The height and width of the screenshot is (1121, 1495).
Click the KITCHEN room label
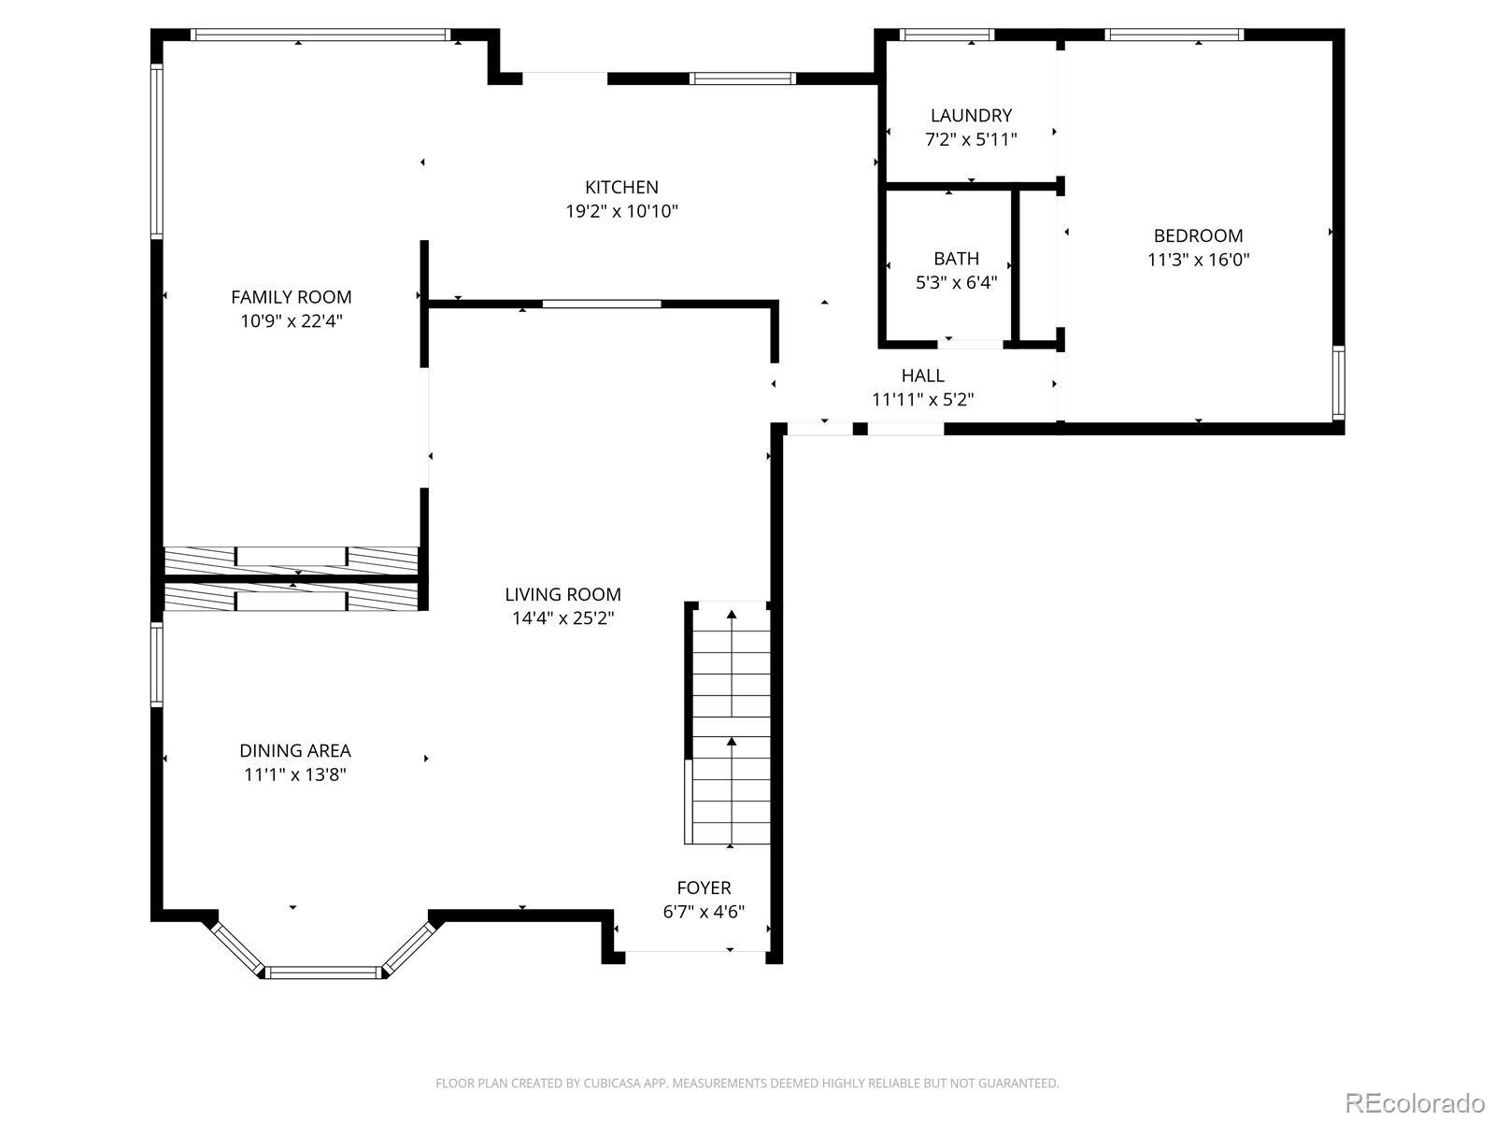621,187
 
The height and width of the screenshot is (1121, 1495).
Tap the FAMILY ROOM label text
291,297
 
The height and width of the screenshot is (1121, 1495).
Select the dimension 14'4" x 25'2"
562,618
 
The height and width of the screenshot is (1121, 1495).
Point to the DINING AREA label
295,751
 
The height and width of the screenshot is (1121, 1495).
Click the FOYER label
704,887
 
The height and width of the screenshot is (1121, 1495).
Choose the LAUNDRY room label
971,116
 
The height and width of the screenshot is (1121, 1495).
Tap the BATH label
956,259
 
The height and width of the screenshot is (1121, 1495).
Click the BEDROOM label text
1197,235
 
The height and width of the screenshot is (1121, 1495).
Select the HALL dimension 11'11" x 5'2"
922,400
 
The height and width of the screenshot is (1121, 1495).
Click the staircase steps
731,723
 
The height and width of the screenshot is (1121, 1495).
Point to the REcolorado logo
1416,1102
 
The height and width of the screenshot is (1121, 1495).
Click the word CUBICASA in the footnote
607,1083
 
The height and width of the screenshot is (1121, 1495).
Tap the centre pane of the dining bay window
323,972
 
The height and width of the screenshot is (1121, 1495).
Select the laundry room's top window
947,35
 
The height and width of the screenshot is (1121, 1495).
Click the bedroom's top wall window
1175,35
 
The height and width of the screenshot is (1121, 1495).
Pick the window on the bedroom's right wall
1338,382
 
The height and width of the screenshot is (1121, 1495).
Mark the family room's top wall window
320,35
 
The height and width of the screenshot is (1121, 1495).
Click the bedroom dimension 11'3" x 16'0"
1198,260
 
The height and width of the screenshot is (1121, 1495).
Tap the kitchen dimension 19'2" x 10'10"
621,212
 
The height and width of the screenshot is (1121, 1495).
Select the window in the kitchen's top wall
743,79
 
